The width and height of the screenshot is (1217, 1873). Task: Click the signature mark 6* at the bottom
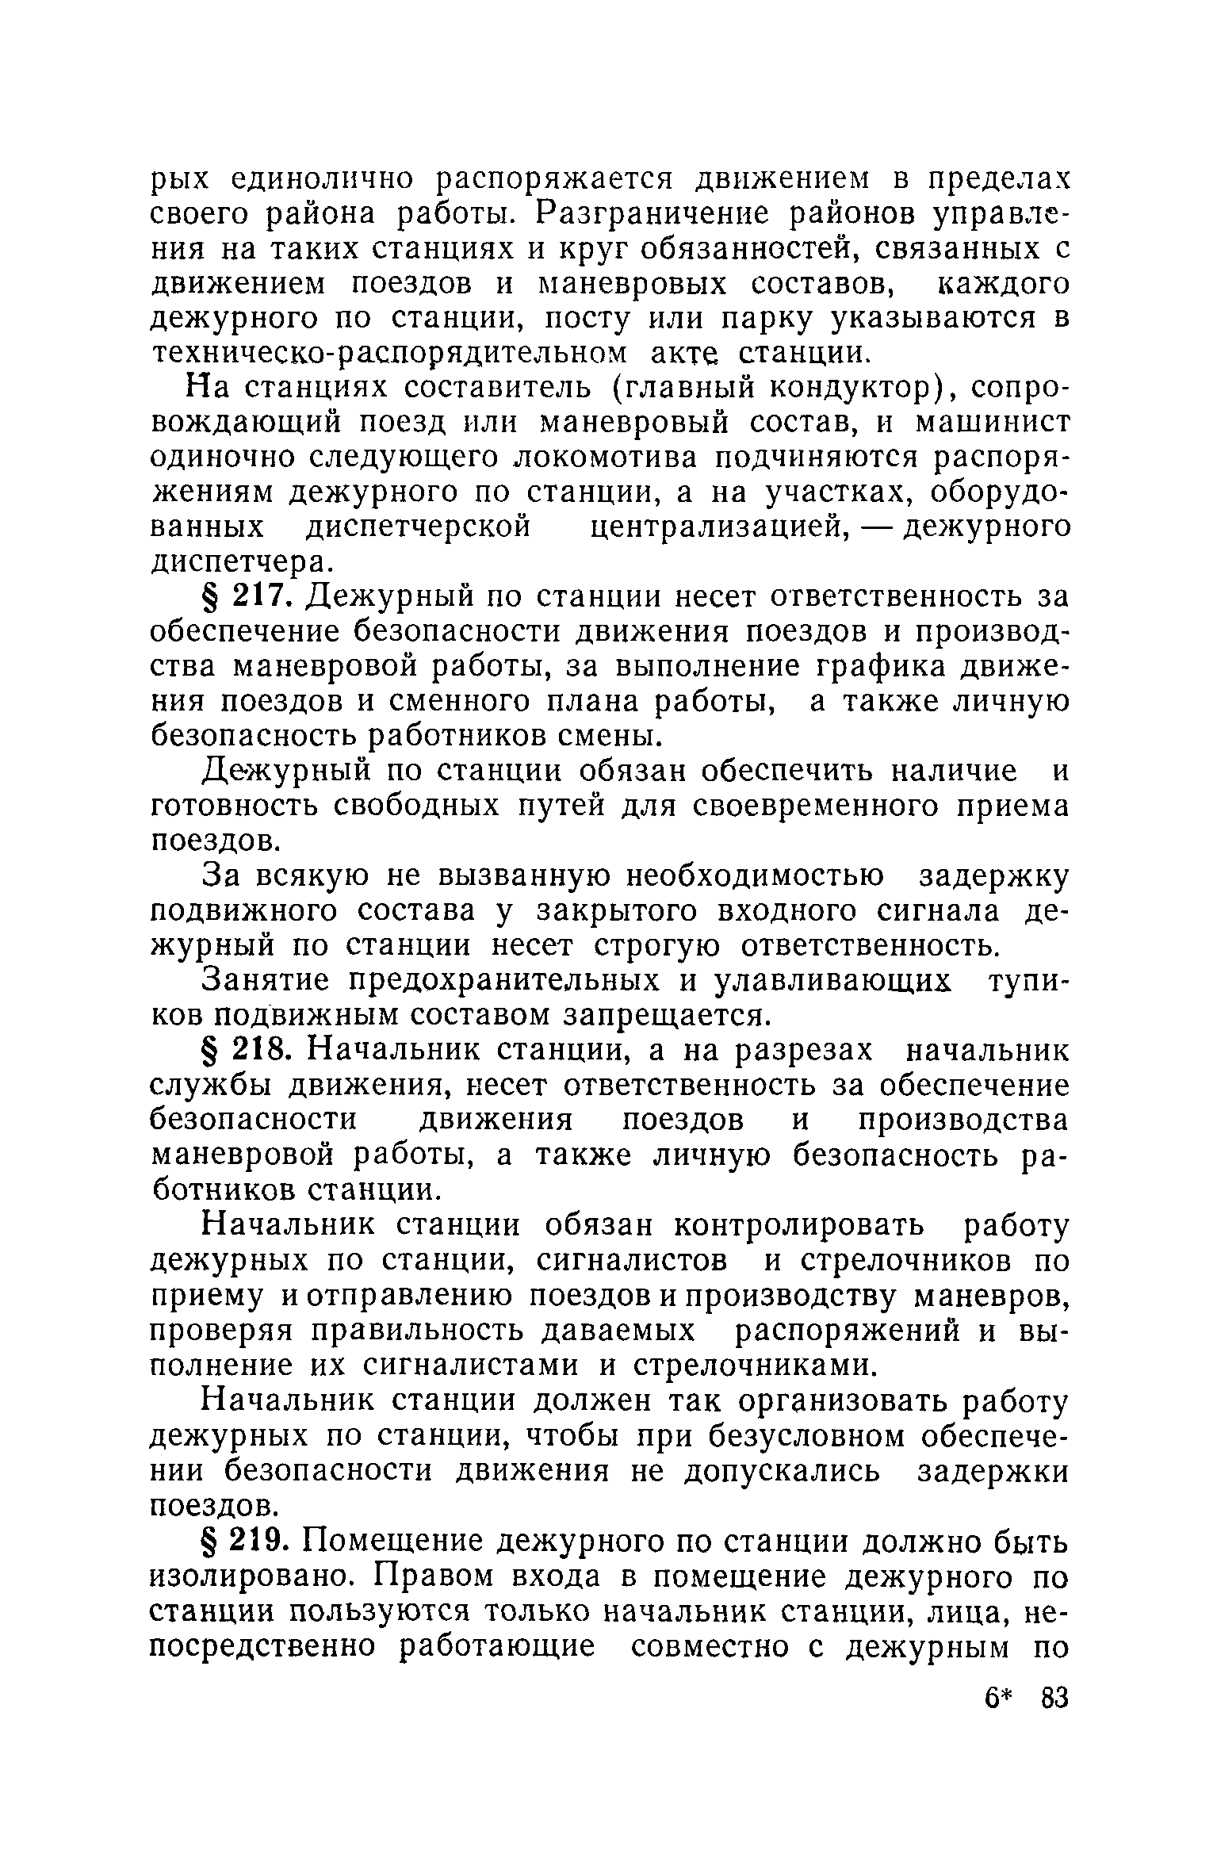[x=1001, y=1700]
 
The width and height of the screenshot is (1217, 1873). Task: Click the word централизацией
[x=717, y=527]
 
